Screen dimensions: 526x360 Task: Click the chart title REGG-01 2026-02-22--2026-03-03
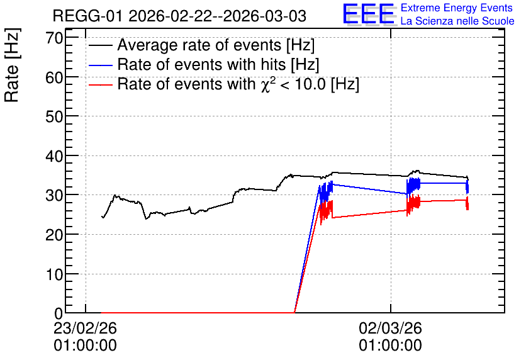click(179, 16)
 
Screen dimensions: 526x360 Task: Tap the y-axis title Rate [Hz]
click(12, 65)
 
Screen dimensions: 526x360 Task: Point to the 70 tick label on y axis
click(54, 38)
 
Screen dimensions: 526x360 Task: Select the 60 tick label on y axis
click(54, 77)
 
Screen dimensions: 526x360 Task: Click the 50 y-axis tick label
click(54, 117)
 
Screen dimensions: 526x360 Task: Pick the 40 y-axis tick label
click(54, 156)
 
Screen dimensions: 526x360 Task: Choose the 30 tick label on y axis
click(54, 195)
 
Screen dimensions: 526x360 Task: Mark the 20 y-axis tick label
click(54, 235)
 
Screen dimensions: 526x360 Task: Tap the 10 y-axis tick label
click(54, 274)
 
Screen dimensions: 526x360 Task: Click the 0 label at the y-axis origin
click(59, 313)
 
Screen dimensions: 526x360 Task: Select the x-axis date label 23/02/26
click(85, 328)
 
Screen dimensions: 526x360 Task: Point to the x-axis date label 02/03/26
click(391, 328)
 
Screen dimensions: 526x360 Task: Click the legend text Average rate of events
click(199, 45)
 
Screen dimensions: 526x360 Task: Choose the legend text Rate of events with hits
click(201, 64)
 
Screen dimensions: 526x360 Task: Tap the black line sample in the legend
click(100, 45)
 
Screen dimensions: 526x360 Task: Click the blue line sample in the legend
click(100, 65)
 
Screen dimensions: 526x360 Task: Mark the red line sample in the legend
click(100, 84)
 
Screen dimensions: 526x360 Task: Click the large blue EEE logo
click(369, 14)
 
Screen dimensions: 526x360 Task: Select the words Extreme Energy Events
click(457, 8)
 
